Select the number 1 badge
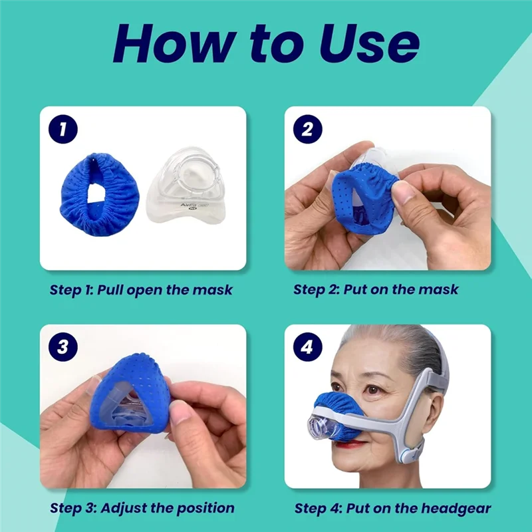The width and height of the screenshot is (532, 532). click(x=63, y=130)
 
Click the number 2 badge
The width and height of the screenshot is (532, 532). click(x=307, y=130)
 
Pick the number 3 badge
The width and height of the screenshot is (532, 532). click(x=63, y=347)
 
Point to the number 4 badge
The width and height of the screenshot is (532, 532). click(x=307, y=347)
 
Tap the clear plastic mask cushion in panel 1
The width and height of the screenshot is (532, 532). click(x=181, y=188)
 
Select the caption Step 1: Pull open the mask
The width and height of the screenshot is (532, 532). click(x=142, y=290)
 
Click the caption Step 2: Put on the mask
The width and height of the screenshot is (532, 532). click(x=376, y=290)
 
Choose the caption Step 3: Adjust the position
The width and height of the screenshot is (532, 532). click(x=142, y=508)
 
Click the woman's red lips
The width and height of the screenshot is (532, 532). click(x=354, y=444)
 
